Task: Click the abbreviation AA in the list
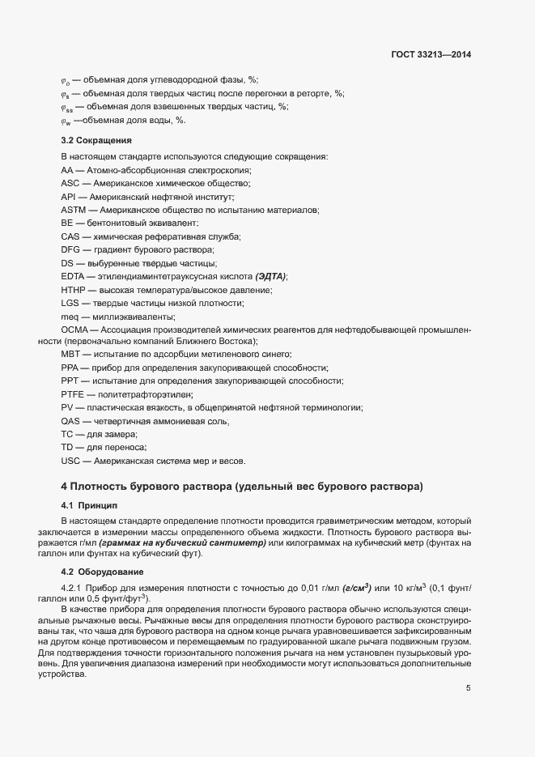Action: click(66, 170)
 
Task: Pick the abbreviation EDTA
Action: click(72, 276)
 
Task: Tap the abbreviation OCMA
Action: click(74, 330)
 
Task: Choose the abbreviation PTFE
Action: click(72, 394)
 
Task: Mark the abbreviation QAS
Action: click(71, 421)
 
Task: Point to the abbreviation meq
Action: click(70, 316)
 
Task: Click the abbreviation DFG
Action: click(70, 249)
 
